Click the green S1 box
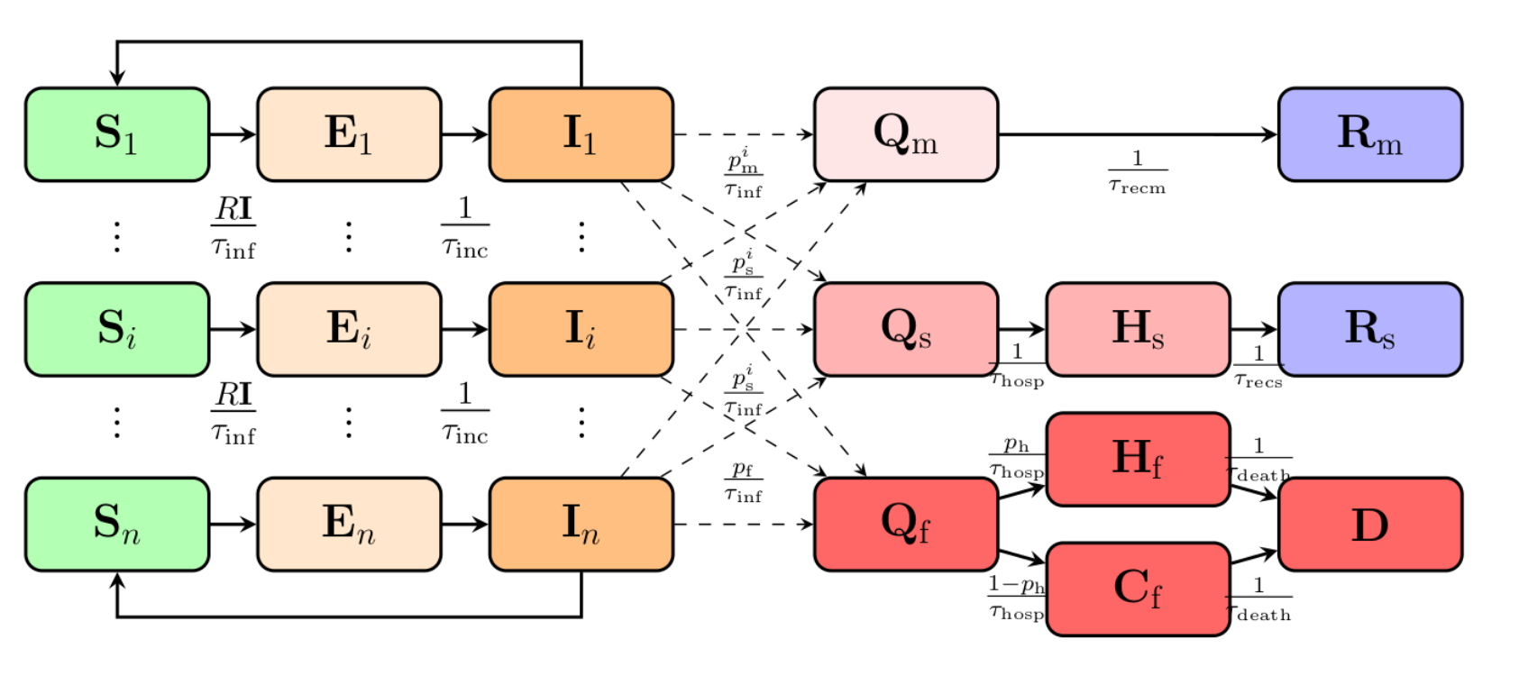pos(117,134)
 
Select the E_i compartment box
pos(349,329)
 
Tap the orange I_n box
pos(581,524)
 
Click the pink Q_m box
pos(906,134)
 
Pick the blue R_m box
pos(1369,134)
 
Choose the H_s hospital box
pos(1138,329)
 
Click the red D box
pos(1369,524)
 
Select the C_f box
pos(1138,589)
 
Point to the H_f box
pos(1138,459)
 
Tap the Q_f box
pos(906,524)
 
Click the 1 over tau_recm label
pos(1138,172)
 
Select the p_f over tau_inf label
pos(744,481)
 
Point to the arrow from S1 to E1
pos(233,134)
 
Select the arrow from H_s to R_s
pos(1254,329)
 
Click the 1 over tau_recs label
pos(1258,367)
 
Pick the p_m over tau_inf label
pos(744,173)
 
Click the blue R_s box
pos(1369,329)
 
